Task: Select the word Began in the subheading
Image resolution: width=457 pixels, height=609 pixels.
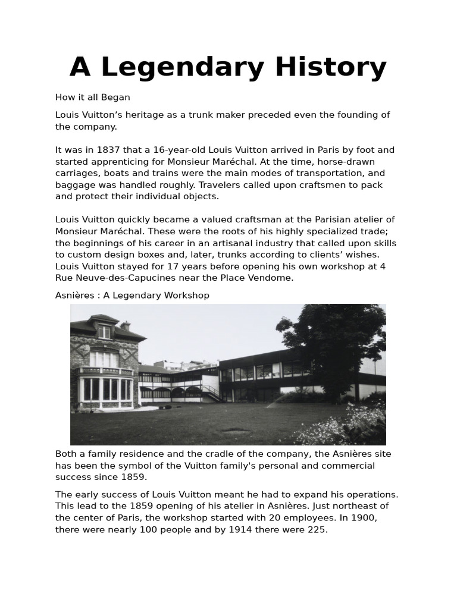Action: point(117,97)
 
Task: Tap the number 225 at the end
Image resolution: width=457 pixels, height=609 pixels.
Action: point(317,529)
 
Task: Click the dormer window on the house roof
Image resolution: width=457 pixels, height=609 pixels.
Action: point(104,331)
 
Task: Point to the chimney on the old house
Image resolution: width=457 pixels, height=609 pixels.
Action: point(125,325)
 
